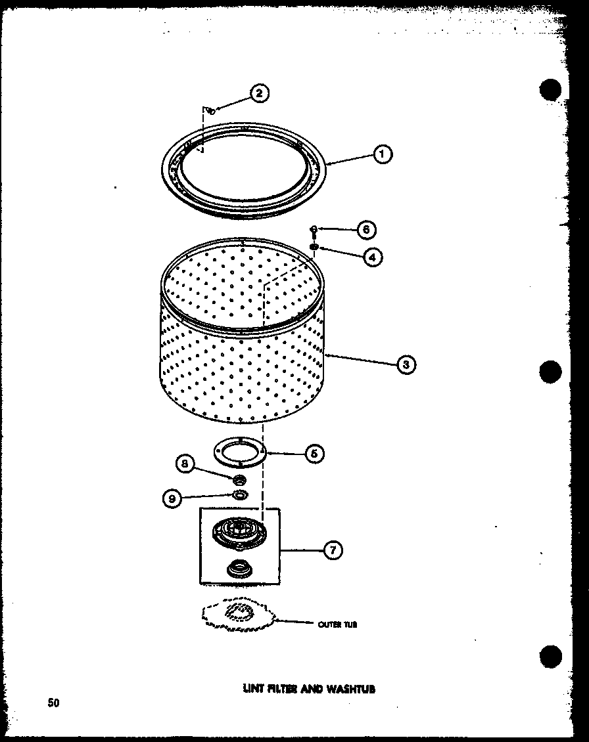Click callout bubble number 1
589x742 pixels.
pyautogui.click(x=382, y=154)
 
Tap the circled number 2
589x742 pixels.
pyautogui.click(x=258, y=93)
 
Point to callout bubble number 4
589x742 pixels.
pyautogui.click(x=372, y=257)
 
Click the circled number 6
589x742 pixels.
pyautogui.click(x=366, y=229)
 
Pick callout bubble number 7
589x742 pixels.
pyautogui.click(x=333, y=550)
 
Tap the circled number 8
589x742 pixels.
pyautogui.click(x=185, y=464)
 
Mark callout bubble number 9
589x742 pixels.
pyautogui.click(x=172, y=498)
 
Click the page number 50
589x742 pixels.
pyautogui.click(x=53, y=703)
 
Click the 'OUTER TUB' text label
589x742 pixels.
pyautogui.click(x=337, y=625)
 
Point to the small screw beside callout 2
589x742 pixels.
pyautogui.click(x=210, y=111)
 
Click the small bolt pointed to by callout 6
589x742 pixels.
pyautogui.click(x=314, y=230)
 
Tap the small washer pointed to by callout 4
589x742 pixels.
pyautogui.click(x=314, y=247)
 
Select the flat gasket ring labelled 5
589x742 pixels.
pyautogui.click(x=241, y=452)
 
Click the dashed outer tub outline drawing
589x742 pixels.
pyautogui.click(x=236, y=613)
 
